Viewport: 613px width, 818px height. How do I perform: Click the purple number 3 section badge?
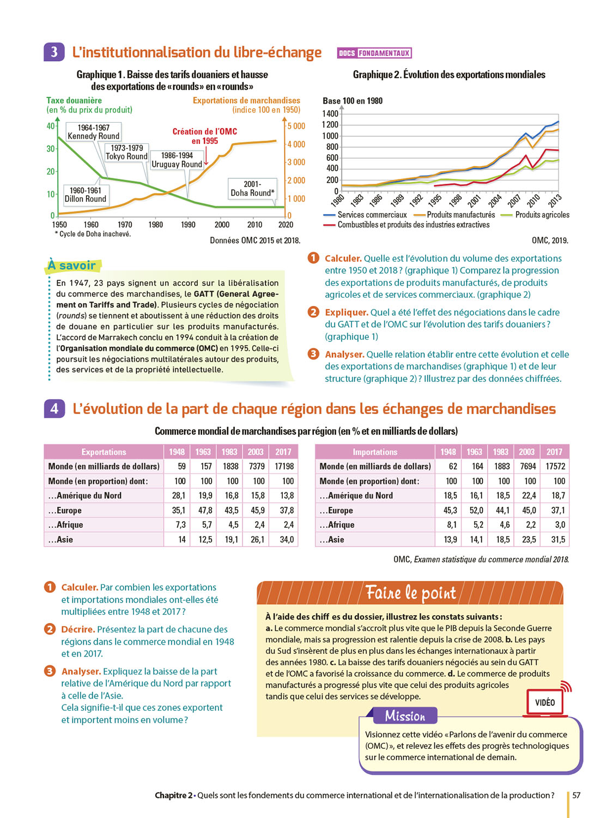point(54,52)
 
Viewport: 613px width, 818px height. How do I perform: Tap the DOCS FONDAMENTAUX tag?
point(374,53)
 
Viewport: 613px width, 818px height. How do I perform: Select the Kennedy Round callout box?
point(93,132)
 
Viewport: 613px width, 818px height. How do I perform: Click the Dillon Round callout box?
point(86,195)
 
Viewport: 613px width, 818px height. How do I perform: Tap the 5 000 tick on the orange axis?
point(296,126)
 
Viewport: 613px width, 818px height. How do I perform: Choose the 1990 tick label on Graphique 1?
point(188,225)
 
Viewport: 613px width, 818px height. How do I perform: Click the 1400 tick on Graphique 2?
point(330,113)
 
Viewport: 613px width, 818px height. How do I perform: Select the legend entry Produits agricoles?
point(542,215)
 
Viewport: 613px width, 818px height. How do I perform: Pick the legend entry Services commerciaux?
point(372,215)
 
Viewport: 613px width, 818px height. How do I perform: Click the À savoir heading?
point(72,266)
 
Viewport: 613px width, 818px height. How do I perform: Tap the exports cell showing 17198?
point(284,466)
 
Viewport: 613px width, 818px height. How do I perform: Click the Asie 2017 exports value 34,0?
point(287,539)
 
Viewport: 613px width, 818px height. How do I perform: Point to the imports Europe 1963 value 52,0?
point(476,510)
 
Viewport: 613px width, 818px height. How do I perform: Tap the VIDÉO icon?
point(545,702)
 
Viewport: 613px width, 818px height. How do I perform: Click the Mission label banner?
point(405,715)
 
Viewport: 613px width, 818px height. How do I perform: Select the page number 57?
point(576,795)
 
